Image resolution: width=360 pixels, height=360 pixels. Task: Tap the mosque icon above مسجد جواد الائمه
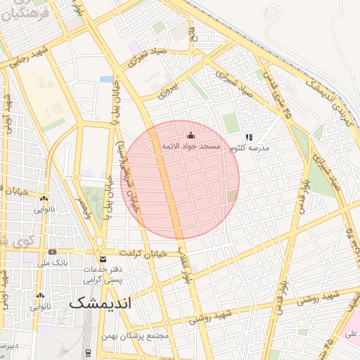pos(190,136)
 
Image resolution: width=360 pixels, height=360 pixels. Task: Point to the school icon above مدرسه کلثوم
pos(248,137)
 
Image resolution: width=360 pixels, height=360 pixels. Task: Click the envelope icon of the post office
pos(103,259)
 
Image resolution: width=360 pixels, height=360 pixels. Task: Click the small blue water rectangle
pos(107,79)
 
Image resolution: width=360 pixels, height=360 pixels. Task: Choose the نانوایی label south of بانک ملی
pos(40,307)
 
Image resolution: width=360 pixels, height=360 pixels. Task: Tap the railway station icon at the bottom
pos(87,352)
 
